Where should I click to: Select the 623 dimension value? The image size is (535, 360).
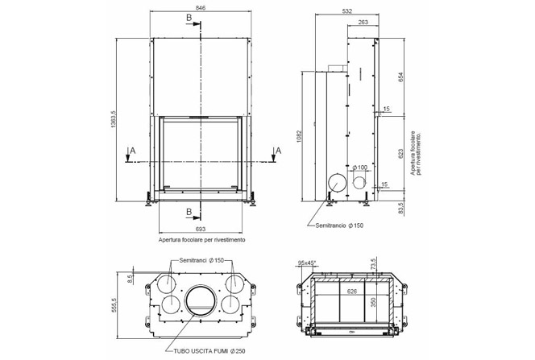pyautogui.click(x=400, y=155)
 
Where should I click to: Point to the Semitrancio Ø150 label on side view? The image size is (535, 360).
pyautogui.click(x=339, y=226)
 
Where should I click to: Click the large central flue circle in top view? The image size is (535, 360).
pyautogui.click(x=201, y=302)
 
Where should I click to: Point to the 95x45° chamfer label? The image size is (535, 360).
pyautogui.click(x=307, y=263)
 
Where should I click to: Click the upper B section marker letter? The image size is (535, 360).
pyautogui.click(x=188, y=17)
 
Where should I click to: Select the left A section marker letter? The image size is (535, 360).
pyautogui.click(x=132, y=151)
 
